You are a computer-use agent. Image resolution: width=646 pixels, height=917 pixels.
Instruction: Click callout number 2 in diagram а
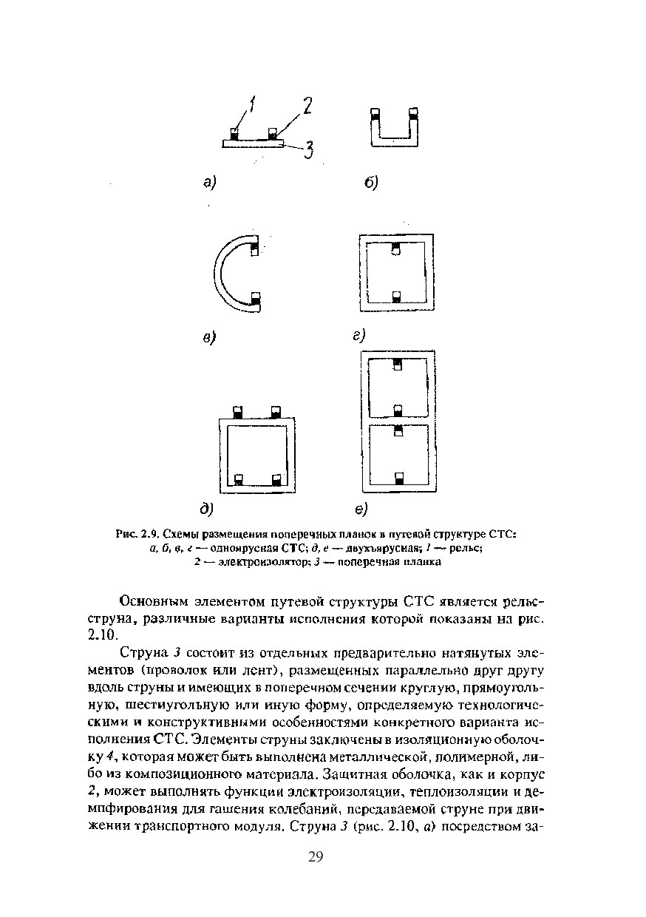coord(305,107)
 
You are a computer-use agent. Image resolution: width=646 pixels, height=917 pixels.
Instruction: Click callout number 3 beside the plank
coord(309,151)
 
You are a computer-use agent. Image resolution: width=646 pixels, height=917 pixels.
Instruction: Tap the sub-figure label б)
coord(370,182)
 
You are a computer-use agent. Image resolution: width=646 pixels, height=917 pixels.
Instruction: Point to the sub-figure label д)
coord(206,508)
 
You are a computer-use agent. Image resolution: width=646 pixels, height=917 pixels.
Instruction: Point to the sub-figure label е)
coord(361,509)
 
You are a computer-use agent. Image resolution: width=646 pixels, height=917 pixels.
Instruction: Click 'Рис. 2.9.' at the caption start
coord(137,534)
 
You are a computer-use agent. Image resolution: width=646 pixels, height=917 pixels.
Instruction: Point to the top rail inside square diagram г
coord(395,248)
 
